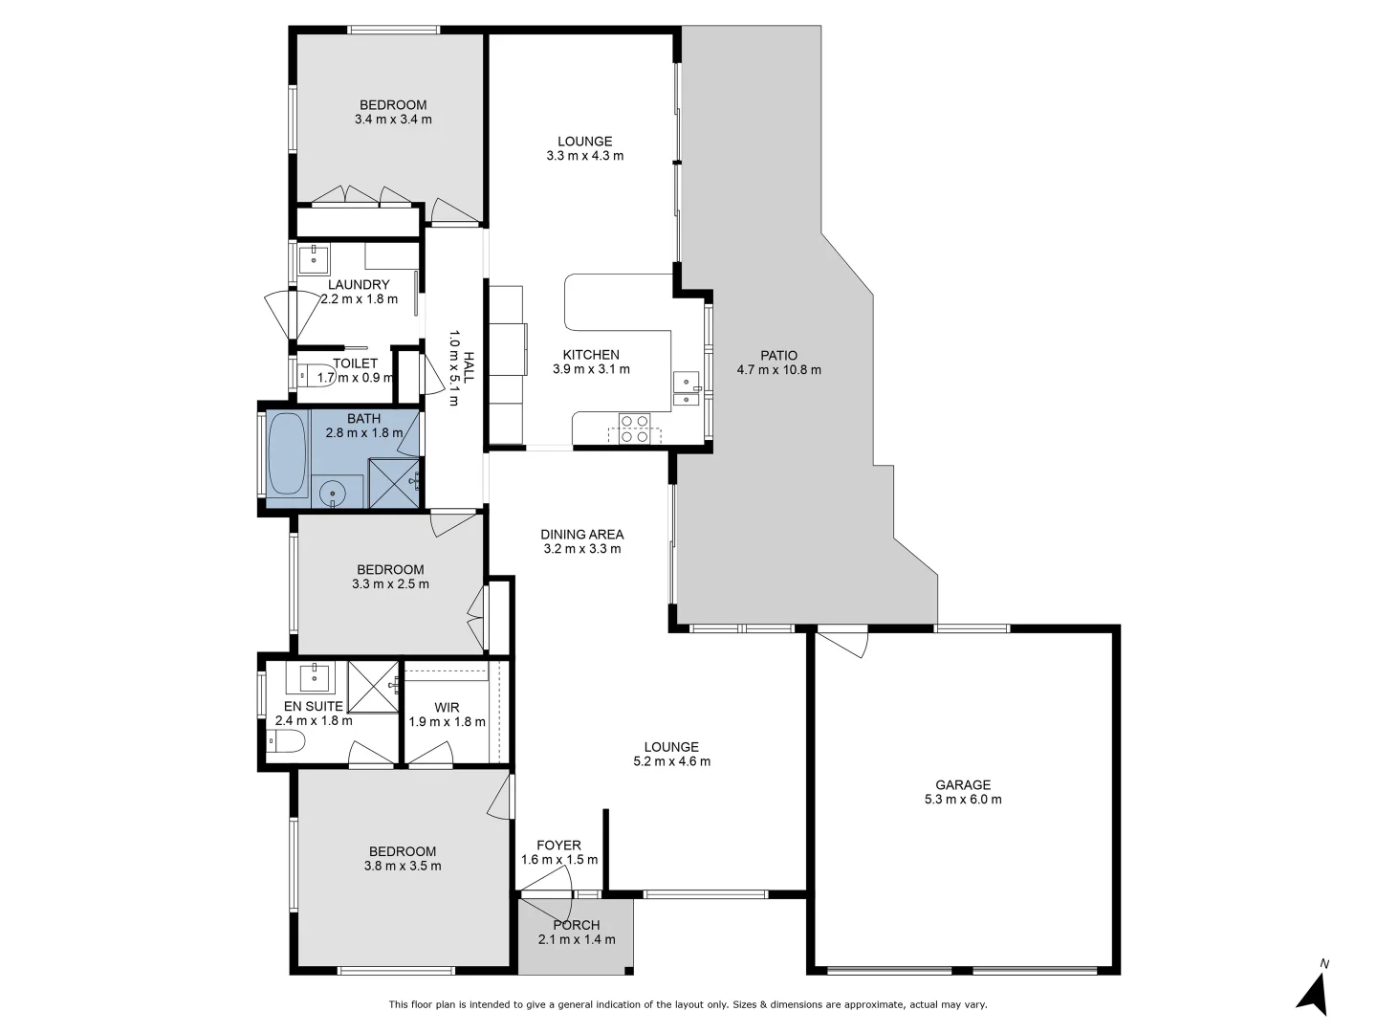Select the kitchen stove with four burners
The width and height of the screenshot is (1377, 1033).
pyautogui.click(x=634, y=428)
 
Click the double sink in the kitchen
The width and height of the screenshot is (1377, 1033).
pyautogui.click(x=686, y=387)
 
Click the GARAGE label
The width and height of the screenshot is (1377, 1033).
pyautogui.click(x=963, y=784)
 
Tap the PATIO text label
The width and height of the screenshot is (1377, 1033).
pyautogui.click(x=778, y=355)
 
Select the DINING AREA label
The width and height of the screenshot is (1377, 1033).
pyautogui.click(x=581, y=535)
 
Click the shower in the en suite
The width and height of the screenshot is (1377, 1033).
pyautogui.click(x=374, y=686)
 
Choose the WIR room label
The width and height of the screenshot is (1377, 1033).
pyautogui.click(x=447, y=708)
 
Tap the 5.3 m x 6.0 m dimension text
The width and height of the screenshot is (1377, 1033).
pyautogui.click(x=963, y=800)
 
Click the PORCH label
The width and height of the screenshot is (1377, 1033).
pyautogui.click(x=577, y=925)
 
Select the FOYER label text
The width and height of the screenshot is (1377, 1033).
pyautogui.click(x=558, y=846)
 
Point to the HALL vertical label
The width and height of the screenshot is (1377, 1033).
pyautogui.click(x=469, y=367)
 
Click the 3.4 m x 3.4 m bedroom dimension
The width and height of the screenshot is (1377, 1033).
pyautogui.click(x=393, y=120)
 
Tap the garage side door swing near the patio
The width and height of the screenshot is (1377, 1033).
pyautogui.click(x=845, y=642)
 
